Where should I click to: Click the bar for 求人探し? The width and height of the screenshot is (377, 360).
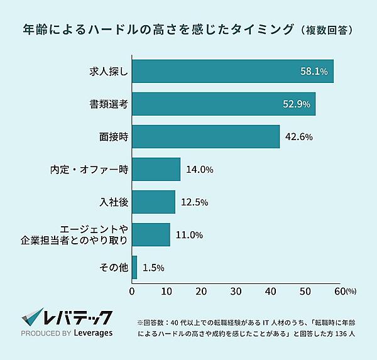pos(232,71)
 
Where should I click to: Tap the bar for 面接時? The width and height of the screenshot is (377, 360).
pos(205,136)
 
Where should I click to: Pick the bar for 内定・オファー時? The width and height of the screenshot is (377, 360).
pos(156,169)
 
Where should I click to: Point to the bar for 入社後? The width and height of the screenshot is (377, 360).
pos(153,202)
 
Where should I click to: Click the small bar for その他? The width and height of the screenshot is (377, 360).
pos(134,267)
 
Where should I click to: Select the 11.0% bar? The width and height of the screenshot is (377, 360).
pos(151,234)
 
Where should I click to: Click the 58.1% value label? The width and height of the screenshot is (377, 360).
pos(314,72)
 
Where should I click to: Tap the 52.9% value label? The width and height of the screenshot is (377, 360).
pos(297,104)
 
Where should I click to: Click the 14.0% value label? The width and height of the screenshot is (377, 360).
pos(200,170)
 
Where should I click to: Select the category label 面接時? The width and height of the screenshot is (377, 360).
pos(114,137)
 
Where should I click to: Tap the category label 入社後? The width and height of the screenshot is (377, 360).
pos(114,202)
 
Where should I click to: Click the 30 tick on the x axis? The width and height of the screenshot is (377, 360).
pos(236,292)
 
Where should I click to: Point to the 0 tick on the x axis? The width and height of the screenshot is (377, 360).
pos(132,292)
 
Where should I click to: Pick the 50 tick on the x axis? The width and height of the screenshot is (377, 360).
pos(305,292)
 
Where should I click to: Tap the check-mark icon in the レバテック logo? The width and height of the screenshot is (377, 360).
pos(31,317)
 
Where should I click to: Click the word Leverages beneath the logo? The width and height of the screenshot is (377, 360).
pos(89,334)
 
